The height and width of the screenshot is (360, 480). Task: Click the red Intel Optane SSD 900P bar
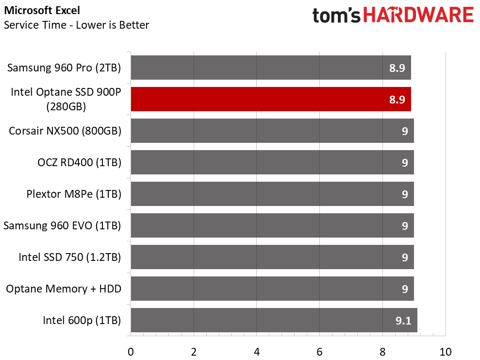[271, 99]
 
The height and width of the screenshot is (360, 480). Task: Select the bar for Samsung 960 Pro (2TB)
[271, 68]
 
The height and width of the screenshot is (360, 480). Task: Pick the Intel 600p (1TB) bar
[274, 320]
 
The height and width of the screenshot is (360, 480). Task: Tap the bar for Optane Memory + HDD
[272, 289]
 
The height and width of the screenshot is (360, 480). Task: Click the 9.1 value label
[403, 321]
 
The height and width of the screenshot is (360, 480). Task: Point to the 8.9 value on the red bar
[397, 100]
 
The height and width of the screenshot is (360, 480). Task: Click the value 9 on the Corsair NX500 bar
[405, 131]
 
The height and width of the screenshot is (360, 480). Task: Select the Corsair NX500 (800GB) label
[65, 131]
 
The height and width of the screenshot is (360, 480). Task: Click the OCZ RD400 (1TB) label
[79, 162]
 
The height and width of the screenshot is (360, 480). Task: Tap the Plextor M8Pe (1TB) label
[74, 194]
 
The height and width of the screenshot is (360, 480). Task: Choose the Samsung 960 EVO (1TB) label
[62, 225]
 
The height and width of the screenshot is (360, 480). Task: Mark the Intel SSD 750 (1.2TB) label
[70, 257]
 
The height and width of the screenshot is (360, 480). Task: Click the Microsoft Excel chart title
[42, 10]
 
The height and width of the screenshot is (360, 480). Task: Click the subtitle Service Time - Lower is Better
[76, 25]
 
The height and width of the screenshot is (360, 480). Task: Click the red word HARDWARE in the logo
[418, 15]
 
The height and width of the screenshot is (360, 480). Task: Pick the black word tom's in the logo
[336, 16]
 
